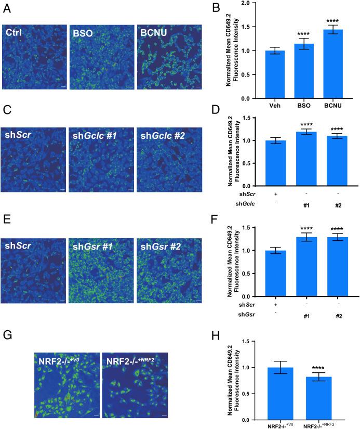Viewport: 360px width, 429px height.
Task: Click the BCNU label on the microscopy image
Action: (x=155, y=32)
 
